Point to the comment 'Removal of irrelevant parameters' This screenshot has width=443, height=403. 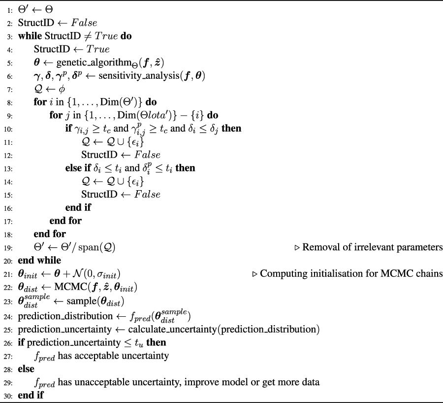point(372,247)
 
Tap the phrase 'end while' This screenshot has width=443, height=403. point(40,260)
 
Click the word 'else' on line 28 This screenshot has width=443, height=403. point(26,369)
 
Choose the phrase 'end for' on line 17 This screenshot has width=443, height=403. point(65,221)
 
